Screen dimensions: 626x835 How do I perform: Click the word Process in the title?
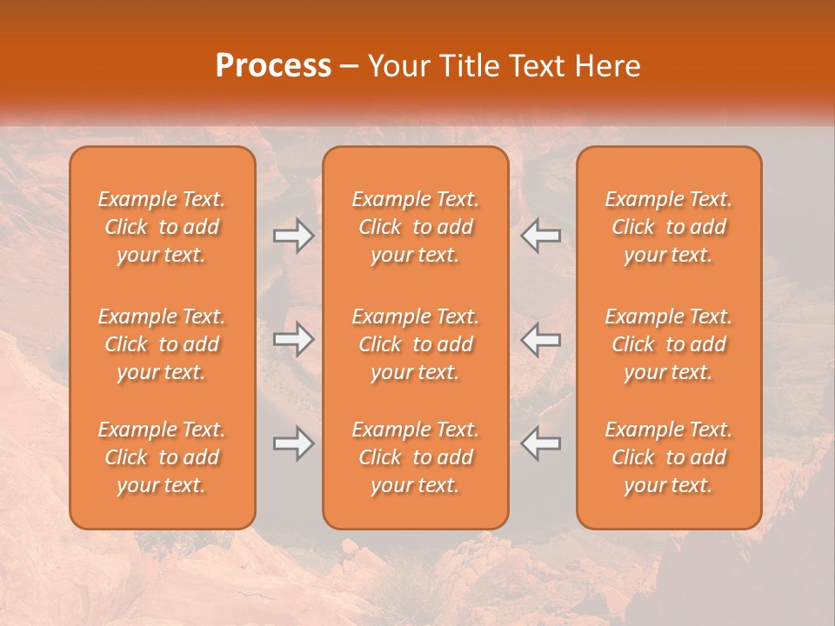273,65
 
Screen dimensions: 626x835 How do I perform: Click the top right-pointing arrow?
293,236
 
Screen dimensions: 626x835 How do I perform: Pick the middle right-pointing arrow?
293,340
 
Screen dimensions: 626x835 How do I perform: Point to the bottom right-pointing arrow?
293,444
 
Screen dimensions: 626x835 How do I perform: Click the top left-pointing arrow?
540,236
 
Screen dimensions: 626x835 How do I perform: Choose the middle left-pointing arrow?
540,340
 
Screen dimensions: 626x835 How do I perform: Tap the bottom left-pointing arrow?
540,444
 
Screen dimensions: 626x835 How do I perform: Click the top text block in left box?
162,227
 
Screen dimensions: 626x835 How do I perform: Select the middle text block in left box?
162,344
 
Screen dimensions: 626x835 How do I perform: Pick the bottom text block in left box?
162,457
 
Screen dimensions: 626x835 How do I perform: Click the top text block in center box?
416,227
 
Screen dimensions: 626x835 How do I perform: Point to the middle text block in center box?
416,344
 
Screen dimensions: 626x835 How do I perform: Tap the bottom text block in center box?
416,457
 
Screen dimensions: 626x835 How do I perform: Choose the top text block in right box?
669,227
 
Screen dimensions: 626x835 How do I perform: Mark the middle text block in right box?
669,344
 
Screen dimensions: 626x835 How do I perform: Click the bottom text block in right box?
669,457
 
